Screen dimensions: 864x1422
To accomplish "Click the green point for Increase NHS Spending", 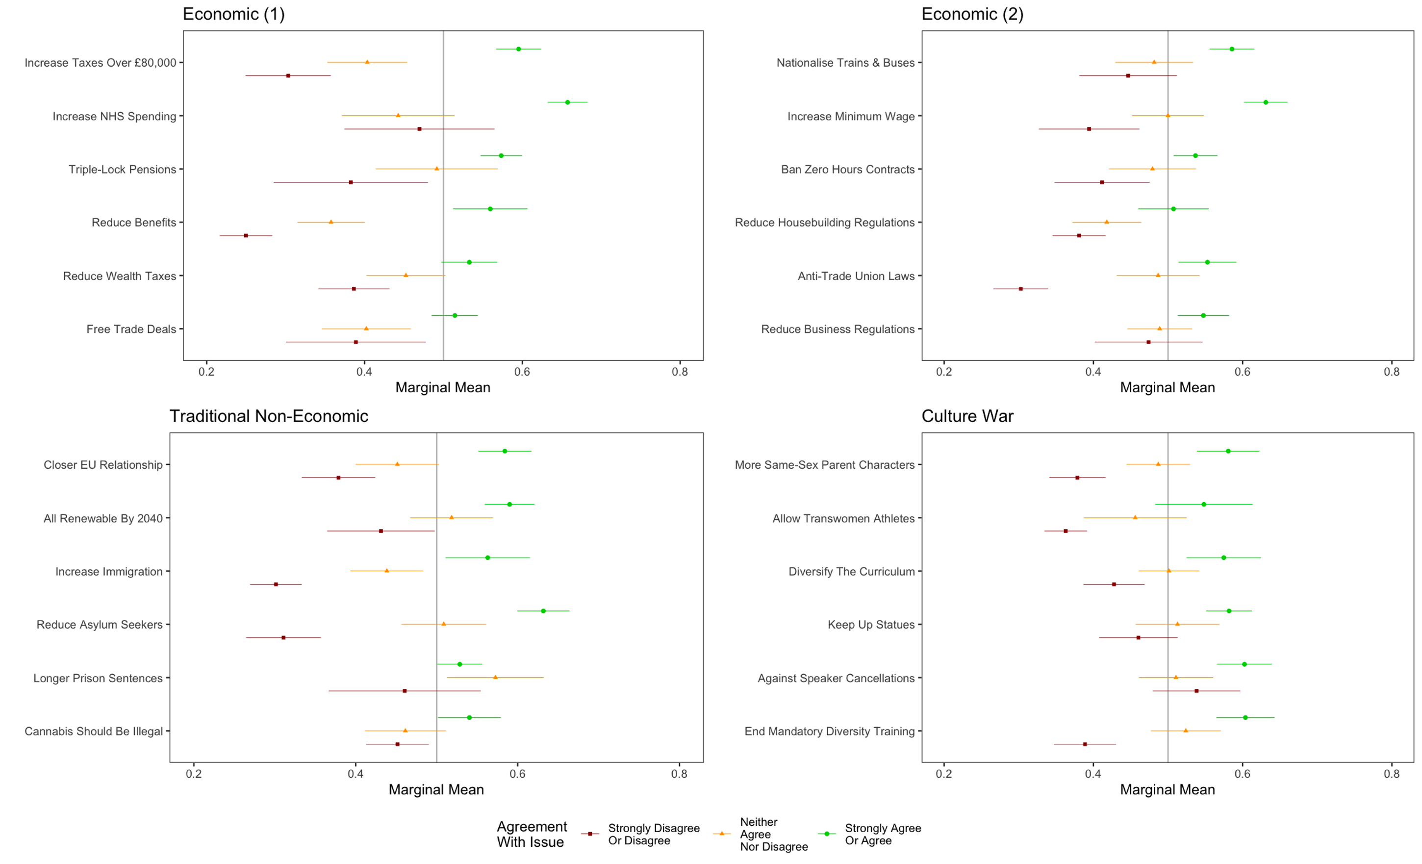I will pyautogui.click(x=567, y=102).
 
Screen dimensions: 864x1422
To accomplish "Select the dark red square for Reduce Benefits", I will pyautogui.click(x=246, y=235).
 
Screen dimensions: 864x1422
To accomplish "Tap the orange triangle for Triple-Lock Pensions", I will pyautogui.click(x=436, y=169).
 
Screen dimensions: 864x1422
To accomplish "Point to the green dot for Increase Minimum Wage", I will pyautogui.click(x=1266, y=102).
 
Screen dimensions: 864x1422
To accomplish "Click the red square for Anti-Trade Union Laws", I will pyautogui.click(x=1020, y=289).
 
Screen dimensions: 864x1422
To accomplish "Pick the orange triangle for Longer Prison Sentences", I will pyautogui.click(x=495, y=677).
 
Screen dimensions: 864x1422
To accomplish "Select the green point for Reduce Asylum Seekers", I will pyautogui.click(x=543, y=610).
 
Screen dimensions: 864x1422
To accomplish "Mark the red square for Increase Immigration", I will pyautogui.click(x=276, y=584).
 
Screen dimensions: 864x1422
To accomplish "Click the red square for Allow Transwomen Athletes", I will pyautogui.click(x=1066, y=531).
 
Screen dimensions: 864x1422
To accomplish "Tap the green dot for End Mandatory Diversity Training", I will pyautogui.click(x=1245, y=717).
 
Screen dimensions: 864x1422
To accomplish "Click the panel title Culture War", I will pyautogui.click(x=967, y=416).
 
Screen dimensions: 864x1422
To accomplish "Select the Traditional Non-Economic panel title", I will pyautogui.click(x=268, y=416).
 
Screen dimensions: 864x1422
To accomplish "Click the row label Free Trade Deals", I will pyautogui.click(x=131, y=329).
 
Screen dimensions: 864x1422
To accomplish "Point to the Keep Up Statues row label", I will pyautogui.click(x=871, y=625).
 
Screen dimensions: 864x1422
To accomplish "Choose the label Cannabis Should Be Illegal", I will pyautogui.click(x=94, y=731).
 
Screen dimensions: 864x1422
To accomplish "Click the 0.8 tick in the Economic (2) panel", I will pyautogui.click(x=1392, y=372).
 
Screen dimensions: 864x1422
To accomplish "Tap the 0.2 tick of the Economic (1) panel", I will pyautogui.click(x=206, y=372).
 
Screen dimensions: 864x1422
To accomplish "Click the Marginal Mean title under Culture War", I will pyautogui.click(x=1167, y=789).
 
